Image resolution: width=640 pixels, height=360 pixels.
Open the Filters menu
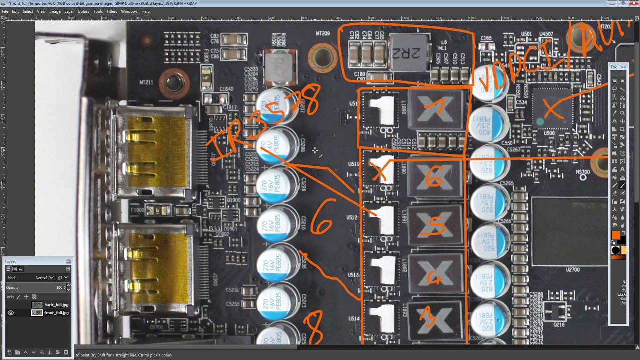pyautogui.click(x=112, y=11)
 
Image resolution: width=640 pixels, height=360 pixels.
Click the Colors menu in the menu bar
pyautogui.click(x=83, y=11)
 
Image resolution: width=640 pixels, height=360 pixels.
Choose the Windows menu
pyautogui.click(x=129, y=11)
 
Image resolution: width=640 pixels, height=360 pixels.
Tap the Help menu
pyautogui.click(x=145, y=11)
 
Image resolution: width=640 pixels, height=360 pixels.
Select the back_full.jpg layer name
pyautogui.click(x=56, y=305)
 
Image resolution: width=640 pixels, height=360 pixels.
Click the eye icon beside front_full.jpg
pyautogui.click(x=11, y=313)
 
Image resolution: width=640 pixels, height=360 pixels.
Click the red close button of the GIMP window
pyautogui.click(x=633, y=3)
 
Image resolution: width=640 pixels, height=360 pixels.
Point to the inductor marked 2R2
pyautogui.click(x=410, y=51)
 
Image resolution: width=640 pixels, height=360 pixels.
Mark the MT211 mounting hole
pyautogui.click(x=173, y=83)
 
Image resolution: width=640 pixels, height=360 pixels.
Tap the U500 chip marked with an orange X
pyautogui.click(x=551, y=109)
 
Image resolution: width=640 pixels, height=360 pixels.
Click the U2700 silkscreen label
pyautogui.click(x=572, y=269)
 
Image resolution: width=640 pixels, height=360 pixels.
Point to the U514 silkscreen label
pyautogui.click(x=353, y=318)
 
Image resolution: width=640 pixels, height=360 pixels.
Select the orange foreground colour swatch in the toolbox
pyautogui.click(x=615, y=235)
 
